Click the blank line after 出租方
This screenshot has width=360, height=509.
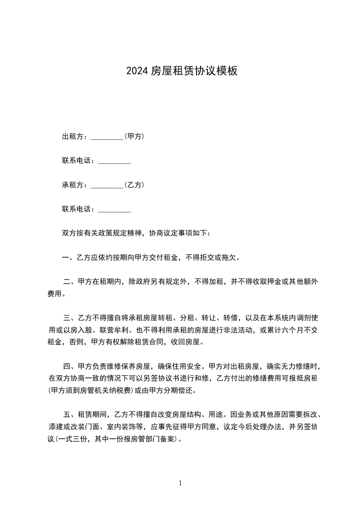[x=107, y=137]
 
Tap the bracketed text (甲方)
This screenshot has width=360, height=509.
[x=134, y=136]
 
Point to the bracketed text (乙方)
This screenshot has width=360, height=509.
[x=134, y=185]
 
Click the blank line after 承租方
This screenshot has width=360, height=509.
[x=107, y=186]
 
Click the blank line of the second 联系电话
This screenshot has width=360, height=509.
[x=114, y=210]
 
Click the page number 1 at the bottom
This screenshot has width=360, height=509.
[x=180, y=483]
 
